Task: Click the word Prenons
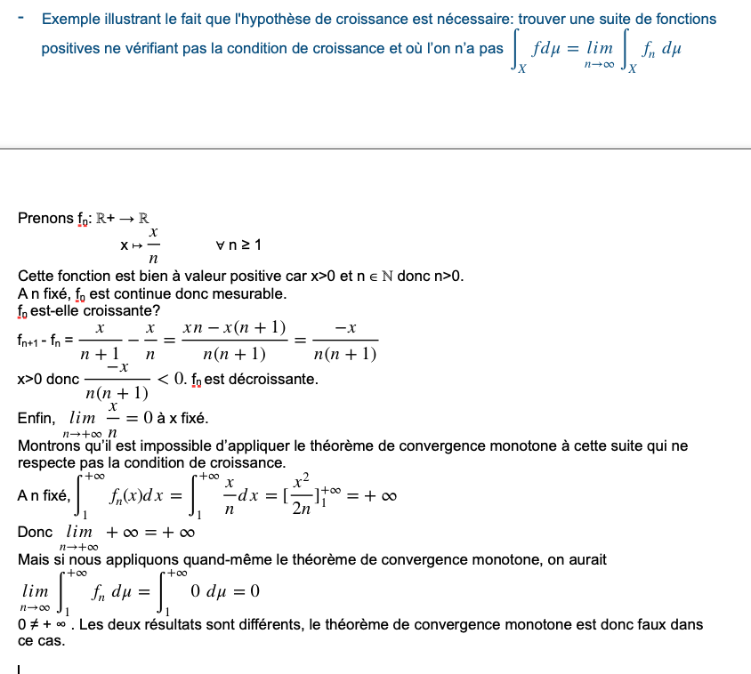(45, 218)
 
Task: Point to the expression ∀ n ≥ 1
(239, 245)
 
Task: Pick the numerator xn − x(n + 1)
(234, 329)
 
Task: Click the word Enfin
(36, 418)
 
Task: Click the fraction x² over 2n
(303, 494)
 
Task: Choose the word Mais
(33, 559)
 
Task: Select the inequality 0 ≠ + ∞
(43, 624)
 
